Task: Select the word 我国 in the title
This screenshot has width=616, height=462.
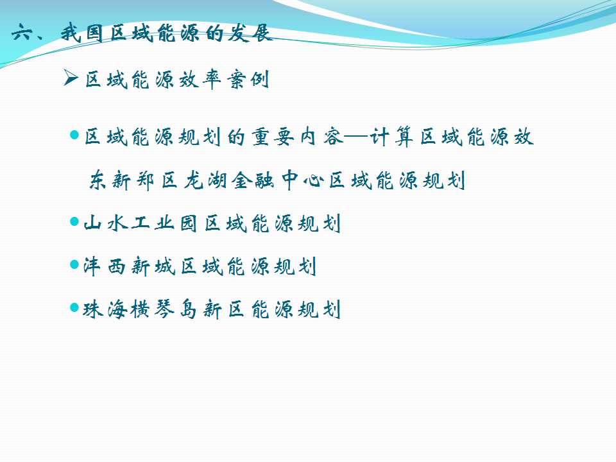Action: pos(81,33)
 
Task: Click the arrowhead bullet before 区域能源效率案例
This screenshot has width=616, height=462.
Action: pos(71,77)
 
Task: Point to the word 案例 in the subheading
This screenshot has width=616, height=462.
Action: pos(248,80)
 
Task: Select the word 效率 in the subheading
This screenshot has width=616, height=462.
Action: pos(200,80)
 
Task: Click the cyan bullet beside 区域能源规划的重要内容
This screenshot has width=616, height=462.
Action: pos(74,135)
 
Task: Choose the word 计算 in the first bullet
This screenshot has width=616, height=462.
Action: pos(391,137)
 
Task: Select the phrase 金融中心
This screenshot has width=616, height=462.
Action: pos(278,181)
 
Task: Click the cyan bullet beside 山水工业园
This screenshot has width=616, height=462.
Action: pos(74,221)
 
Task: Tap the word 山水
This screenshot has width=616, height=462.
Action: pos(106,223)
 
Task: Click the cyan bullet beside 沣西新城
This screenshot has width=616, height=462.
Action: pos(74,264)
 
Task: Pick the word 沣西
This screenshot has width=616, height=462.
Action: pos(104,266)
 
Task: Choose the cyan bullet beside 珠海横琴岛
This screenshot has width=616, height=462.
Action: pos(74,307)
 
